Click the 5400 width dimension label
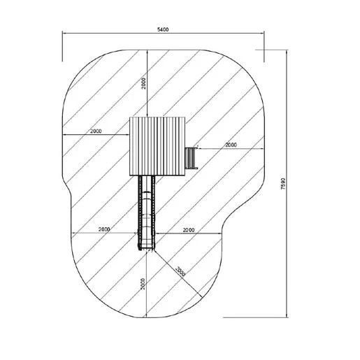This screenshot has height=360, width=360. coord(163,29)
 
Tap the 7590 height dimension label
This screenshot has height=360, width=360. coord(283,184)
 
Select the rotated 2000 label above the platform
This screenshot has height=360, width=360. coord(143,84)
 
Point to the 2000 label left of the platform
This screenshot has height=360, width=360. coord(96,131)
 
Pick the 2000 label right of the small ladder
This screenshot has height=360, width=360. coord(231,145)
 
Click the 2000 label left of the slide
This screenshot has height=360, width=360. coord(104,229)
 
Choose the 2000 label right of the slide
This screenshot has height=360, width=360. coord(189,230)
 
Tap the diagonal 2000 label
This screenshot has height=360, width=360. coord(180,271)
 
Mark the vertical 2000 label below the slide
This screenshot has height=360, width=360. coord(143,284)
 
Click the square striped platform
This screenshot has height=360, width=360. coord(157,146)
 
